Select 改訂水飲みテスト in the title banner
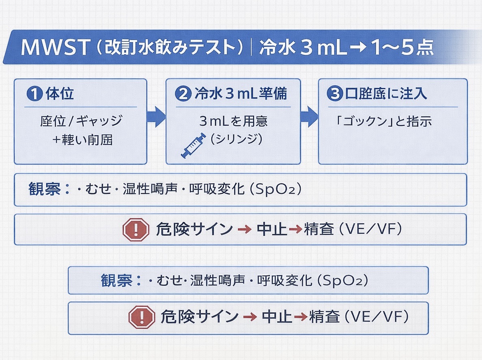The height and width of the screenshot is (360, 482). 170,47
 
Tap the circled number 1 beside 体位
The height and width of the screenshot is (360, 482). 34,94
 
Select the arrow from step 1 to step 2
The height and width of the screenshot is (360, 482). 156,117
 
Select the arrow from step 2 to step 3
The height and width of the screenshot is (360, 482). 309,117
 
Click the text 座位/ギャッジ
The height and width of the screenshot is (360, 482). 81,121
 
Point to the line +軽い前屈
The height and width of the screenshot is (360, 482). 82,140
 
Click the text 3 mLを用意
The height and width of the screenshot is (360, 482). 233,121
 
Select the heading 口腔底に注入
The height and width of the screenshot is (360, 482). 385,94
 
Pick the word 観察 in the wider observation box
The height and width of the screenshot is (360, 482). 44,190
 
